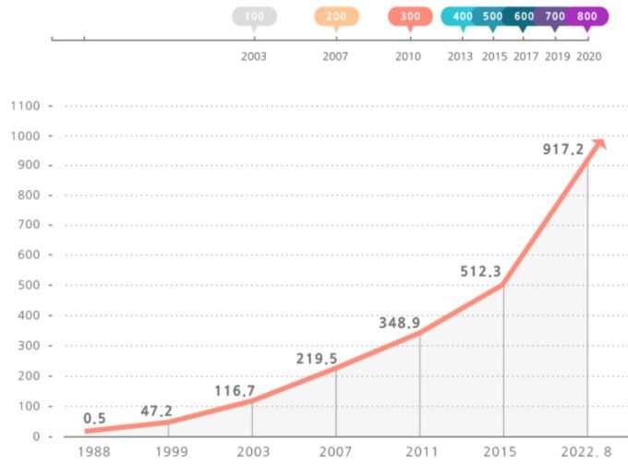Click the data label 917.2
point(563,149)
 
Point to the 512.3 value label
point(481,271)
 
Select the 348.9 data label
point(399,323)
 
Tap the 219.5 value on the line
point(317,359)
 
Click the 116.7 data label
point(234,391)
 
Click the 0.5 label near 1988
point(94,419)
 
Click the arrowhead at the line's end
point(598,143)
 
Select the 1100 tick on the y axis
point(24,106)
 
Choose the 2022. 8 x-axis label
point(587,452)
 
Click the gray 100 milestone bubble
point(254,17)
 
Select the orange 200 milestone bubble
point(336,17)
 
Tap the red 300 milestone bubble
point(411,17)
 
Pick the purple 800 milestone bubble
point(586,17)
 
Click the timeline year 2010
point(408,56)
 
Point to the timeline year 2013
point(461,56)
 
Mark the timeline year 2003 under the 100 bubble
point(254,56)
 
